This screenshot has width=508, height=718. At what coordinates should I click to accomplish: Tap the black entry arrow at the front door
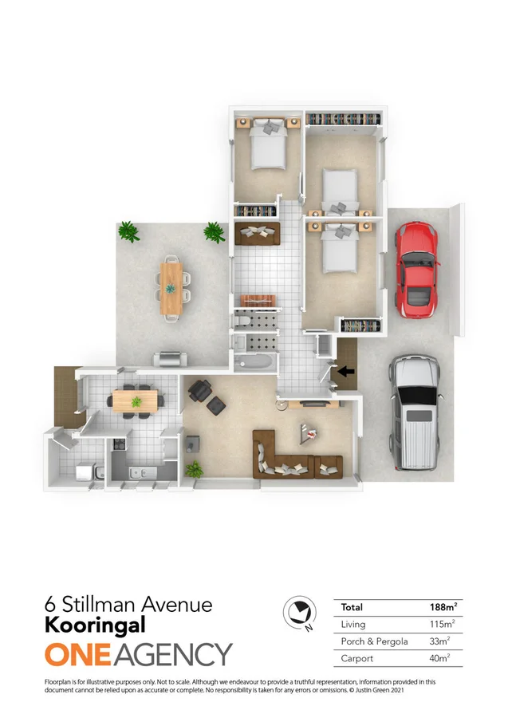(x=344, y=370)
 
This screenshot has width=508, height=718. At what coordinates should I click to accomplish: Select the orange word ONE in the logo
(x=77, y=655)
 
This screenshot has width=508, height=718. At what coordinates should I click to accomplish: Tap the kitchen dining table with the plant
(x=136, y=400)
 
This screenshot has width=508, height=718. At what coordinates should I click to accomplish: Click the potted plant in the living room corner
(x=193, y=468)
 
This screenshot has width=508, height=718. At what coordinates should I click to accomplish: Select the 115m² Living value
(x=443, y=624)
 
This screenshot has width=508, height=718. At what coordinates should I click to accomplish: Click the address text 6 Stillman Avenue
(x=128, y=605)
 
